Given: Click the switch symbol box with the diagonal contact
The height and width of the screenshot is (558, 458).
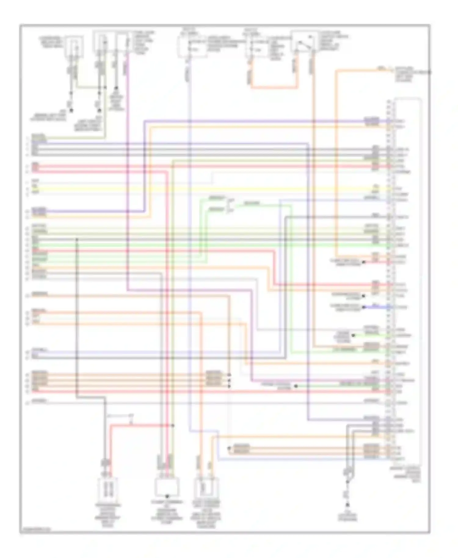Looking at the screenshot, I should tap(303, 42).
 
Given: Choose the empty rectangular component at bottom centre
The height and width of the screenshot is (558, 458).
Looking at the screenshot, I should tap(167, 487).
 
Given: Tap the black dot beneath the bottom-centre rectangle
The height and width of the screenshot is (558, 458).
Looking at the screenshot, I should tap(167, 497).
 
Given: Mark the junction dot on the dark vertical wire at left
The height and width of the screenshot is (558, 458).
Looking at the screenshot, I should tap(77, 240).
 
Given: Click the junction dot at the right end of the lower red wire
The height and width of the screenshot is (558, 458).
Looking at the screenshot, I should tap(173, 425).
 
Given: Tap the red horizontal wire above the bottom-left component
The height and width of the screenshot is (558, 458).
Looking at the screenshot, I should tap(140, 425).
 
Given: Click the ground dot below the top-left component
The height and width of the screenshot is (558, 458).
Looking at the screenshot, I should tap(71, 110).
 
